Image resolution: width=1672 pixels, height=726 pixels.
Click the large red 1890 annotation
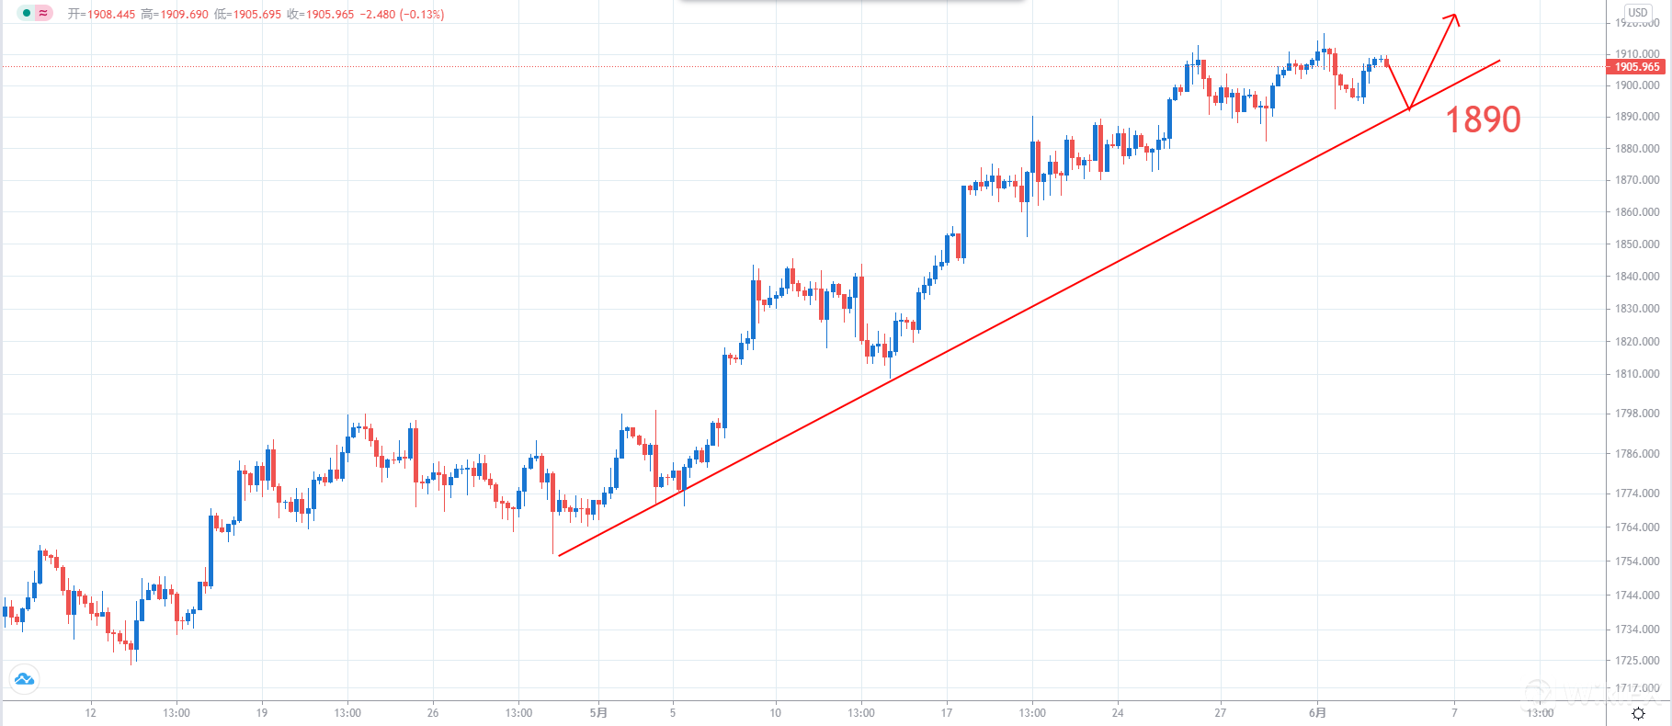(1483, 119)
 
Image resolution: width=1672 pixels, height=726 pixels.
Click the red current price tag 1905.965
(1636, 67)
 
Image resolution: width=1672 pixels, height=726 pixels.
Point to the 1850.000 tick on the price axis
(1637, 244)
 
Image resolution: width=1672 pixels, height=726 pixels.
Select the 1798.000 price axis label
(1637, 414)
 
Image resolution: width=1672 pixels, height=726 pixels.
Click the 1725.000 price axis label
(1637, 661)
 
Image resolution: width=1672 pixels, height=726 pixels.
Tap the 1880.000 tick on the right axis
(1637, 149)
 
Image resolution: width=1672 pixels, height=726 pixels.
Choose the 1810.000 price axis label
(1637, 374)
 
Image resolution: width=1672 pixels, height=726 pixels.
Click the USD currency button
(1637, 13)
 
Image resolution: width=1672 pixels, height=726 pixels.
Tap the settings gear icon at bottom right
(1638, 713)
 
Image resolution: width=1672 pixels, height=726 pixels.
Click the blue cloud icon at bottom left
(24, 679)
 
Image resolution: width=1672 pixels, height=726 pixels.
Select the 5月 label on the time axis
(598, 712)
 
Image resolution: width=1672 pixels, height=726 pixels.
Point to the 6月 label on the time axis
(1317, 712)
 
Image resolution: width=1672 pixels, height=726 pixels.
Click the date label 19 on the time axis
(262, 712)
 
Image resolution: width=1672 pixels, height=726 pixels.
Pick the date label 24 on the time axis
(1118, 712)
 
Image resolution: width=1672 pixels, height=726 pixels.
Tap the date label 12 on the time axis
(90, 712)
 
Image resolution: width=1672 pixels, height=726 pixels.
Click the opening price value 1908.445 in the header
(111, 15)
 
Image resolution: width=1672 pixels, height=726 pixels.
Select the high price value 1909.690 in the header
(184, 15)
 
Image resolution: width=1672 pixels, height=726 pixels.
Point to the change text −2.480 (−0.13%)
(402, 15)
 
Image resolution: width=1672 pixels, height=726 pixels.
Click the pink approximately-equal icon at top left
(43, 13)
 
